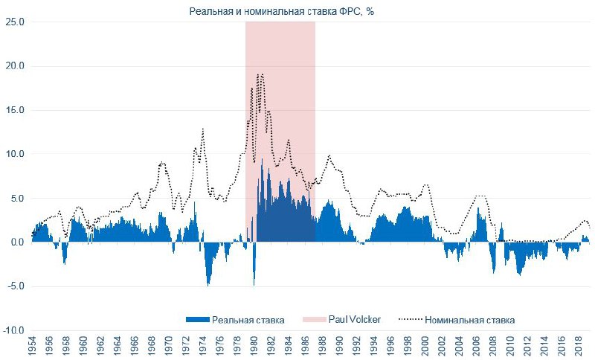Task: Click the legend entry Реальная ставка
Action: (248, 320)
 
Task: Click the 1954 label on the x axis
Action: (32, 347)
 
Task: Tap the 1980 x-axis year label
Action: (254, 347)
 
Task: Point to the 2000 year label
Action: (425, 347)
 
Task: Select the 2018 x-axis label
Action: (579, 347)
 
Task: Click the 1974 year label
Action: (203, 347)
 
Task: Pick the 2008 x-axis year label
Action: (494, 347)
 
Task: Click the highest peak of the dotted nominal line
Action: (260, 74)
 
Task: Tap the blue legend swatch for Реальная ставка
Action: (197, 320)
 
